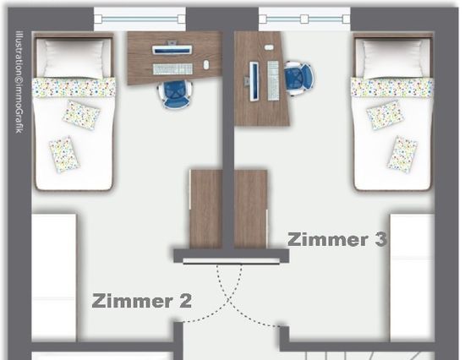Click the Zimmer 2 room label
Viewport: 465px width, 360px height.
[142, 300]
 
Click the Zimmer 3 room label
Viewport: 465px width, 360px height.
[337, 239]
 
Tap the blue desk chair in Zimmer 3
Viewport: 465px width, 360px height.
[298, 77]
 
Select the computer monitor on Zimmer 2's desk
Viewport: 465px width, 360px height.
[172, 50]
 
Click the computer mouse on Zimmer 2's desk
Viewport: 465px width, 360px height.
[206, 65]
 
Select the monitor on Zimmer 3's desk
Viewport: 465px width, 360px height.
[254, 79]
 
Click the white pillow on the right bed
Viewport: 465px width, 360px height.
[392, 57]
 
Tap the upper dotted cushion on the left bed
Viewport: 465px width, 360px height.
[81, 114]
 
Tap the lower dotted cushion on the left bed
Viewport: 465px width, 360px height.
[63, 154]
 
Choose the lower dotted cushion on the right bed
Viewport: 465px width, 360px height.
[402, 154]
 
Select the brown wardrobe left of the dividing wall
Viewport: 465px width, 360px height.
[205, 209]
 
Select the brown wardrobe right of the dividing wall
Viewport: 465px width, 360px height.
[251, 209]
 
